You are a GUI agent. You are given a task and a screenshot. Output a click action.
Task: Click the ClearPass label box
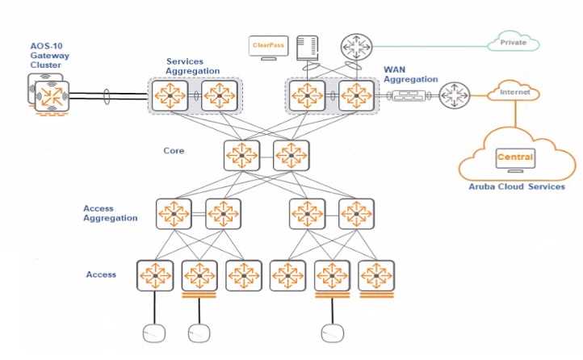pos(268,47)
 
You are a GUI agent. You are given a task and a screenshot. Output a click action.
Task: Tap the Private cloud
pos(513,42)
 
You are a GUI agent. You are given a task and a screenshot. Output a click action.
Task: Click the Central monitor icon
pos(514,158)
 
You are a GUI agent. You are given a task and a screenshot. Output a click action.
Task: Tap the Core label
pos(174,151)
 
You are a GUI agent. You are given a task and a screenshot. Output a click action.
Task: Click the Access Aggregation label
pos(111,213)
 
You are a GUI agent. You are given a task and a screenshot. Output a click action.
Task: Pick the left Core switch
pos(241,153)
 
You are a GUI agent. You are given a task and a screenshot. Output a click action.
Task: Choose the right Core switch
pos(291,153)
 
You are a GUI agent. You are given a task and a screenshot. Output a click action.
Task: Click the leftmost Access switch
pos(153,275)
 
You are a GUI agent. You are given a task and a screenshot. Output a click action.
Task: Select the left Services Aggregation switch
pos(170,95)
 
